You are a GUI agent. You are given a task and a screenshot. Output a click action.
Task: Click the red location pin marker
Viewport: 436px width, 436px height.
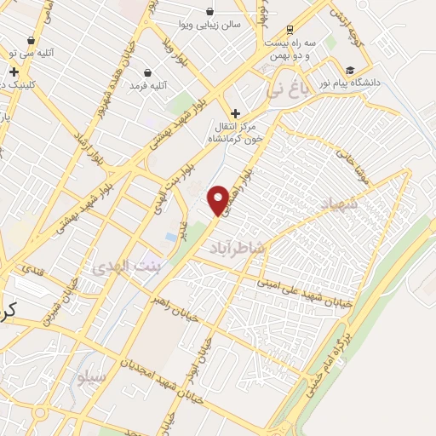[x=219, y=199]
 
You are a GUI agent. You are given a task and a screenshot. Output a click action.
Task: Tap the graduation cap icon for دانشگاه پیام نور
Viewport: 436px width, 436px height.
[x=350, y=70]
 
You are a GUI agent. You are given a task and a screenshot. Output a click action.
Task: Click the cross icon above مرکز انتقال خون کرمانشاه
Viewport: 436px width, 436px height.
[x=236, y=112]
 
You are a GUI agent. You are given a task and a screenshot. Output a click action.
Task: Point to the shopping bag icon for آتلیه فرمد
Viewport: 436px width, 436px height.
[x=149, y=73]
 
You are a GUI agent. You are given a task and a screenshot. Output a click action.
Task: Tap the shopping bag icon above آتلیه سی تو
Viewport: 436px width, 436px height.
[x=32, y=40]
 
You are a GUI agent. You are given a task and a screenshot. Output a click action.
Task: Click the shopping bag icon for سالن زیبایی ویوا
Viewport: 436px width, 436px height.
[x=210, y=12]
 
